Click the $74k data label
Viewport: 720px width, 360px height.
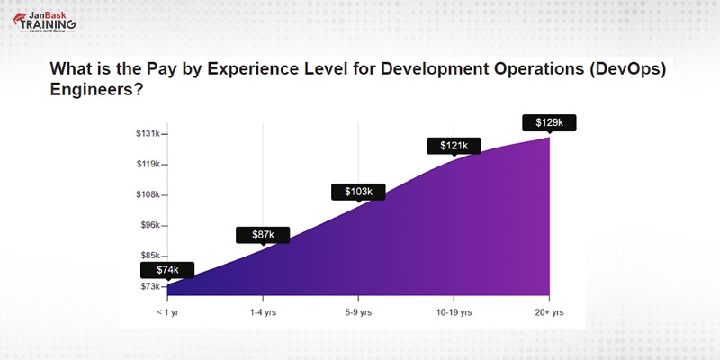click(x=166, y=269)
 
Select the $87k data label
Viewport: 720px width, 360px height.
click(x=263, y=235)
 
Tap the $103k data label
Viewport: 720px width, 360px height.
click(x=358, y=192)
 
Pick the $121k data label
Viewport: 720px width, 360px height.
click(x=454, y=145)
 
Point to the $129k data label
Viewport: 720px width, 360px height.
click(x=549, y=122)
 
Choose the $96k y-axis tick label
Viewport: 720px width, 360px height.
click(x=148, y=225)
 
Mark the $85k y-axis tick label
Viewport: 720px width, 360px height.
click(x=148, y=256)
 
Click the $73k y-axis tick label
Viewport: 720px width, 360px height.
click(x=148, y=286)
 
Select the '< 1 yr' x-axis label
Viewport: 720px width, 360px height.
click(x=167, y=312)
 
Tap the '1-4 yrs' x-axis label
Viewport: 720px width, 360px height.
click(x=263, y=312)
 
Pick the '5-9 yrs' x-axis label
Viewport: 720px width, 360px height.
click(x=358, y=312)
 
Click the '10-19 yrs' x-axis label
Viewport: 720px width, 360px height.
click(x=454, y=312)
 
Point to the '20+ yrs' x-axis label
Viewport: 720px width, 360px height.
click(x=549, y=312)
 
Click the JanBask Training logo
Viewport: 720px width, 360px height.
click(x=41, y=21)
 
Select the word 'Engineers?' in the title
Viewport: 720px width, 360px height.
click(x=96, y=91)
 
